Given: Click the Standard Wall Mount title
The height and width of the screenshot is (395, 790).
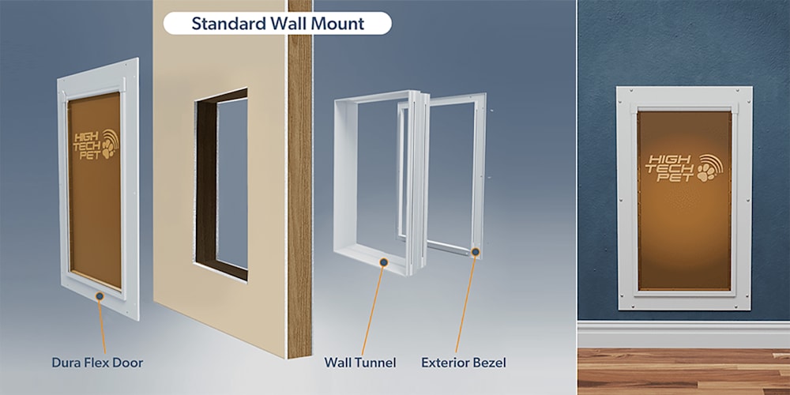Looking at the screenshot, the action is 277,24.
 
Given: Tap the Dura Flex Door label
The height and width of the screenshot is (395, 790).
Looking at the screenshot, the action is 97,363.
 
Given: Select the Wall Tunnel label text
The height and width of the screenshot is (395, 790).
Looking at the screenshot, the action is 359,363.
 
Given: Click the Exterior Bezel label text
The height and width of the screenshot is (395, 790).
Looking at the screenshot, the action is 464,363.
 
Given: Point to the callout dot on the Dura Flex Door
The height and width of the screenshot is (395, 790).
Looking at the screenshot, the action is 100,296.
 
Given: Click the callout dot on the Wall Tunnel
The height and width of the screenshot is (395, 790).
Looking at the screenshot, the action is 384,262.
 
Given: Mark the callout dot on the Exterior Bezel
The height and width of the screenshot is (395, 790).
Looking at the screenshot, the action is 475,251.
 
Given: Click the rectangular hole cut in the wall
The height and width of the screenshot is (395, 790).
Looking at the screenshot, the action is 222,184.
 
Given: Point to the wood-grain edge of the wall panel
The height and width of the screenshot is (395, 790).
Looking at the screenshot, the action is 299,179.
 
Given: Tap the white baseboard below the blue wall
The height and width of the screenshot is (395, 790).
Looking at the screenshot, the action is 683,334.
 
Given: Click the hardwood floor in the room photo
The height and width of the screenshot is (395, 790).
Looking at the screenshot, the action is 683,371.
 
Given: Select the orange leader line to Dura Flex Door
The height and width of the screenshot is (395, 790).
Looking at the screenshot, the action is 102,327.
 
